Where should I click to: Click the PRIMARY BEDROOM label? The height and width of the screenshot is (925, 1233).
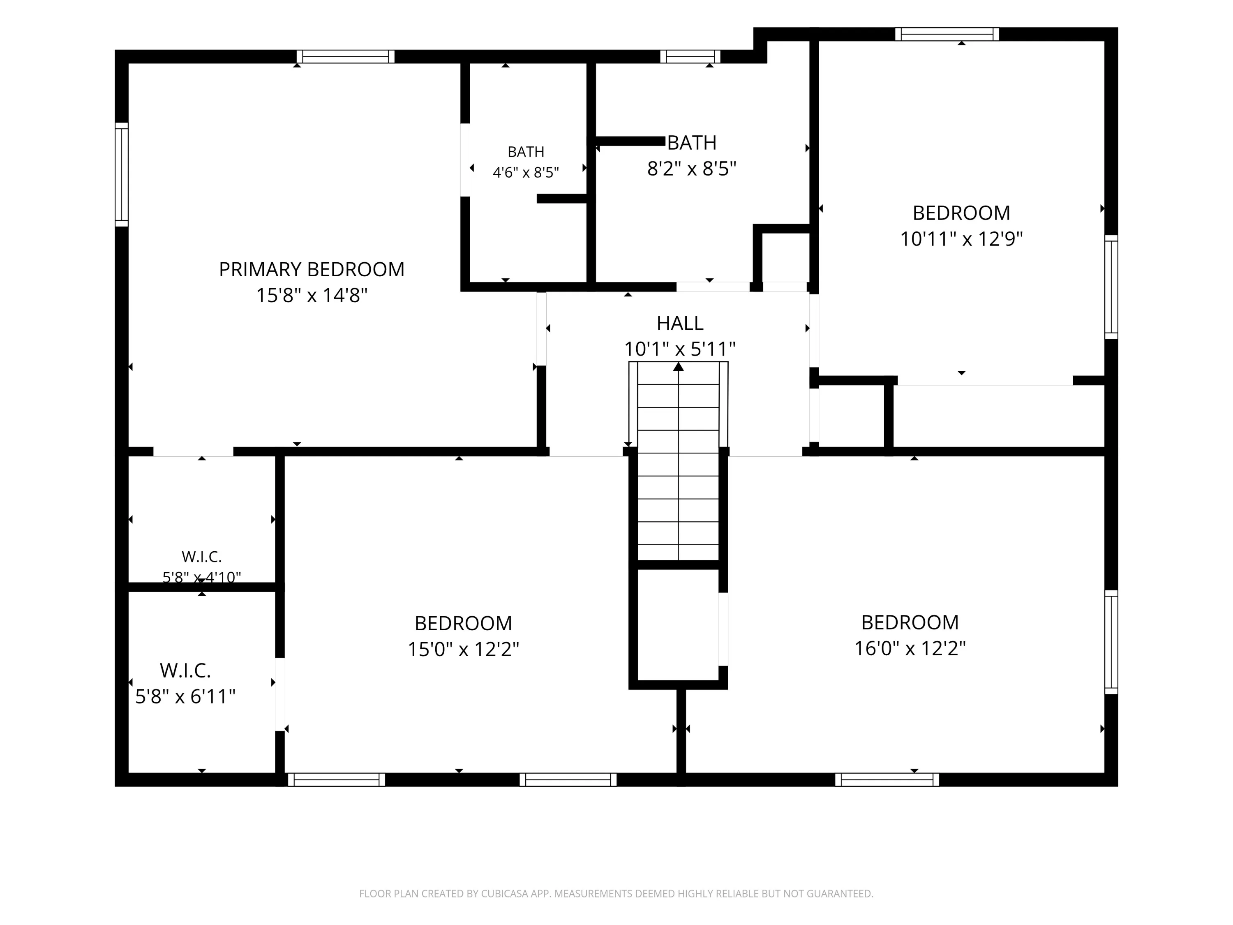[312, 269]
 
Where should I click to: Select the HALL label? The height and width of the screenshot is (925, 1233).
[679, 323]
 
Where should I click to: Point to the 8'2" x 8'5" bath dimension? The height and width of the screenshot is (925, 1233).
[692, 169]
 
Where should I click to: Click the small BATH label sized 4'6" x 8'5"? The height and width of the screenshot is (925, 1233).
[526, 152]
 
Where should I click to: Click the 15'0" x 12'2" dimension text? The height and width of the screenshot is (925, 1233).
[463, 650]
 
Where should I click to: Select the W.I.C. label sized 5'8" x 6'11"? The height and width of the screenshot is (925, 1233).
[185, 670]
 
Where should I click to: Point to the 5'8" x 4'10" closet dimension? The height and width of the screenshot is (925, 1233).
[202, 577]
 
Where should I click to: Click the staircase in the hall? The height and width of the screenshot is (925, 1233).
[679, 460]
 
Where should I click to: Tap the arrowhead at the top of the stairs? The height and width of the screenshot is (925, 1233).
[679, 366]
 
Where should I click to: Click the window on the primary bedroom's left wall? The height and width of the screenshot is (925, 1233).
[122, 175]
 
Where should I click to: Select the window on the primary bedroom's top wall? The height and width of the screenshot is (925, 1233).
[346, 56]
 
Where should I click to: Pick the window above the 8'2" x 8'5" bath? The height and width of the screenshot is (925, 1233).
[690, 56]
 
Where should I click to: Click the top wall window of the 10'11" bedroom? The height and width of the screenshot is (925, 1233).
[947, 34]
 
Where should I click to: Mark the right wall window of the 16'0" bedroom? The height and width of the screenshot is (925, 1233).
[1111, 642]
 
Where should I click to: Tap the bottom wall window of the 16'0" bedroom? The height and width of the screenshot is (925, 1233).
[887, 779]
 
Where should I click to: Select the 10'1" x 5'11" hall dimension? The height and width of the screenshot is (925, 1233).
[679, 349]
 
